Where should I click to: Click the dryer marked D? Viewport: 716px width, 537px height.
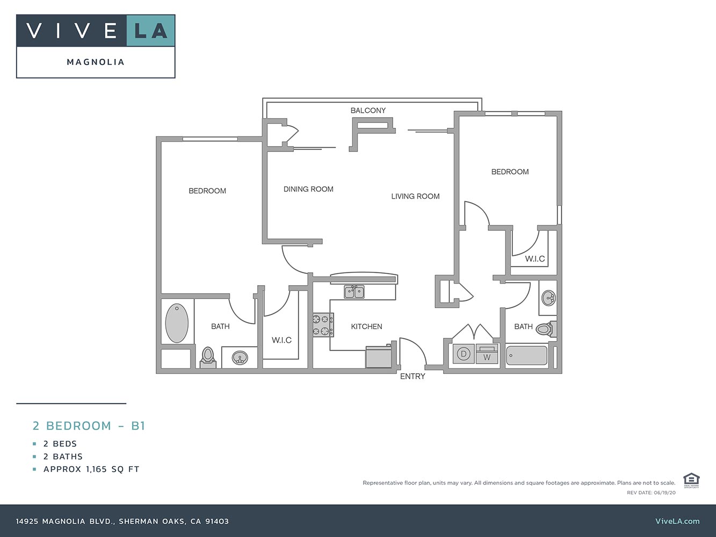463,354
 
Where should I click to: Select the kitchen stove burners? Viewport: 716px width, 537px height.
323,325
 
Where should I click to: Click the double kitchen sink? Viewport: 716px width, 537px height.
355,292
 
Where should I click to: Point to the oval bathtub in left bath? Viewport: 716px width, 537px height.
177,323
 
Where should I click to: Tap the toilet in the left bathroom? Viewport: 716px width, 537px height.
208,357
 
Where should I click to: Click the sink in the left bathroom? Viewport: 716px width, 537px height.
240,358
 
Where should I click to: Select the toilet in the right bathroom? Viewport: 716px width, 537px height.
546,329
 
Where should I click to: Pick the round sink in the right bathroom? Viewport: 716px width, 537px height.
549,297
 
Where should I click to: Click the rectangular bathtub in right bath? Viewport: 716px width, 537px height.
526,356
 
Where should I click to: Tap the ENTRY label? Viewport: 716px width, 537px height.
413,376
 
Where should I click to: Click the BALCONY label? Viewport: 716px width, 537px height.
368,111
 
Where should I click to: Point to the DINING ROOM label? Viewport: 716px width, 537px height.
308,189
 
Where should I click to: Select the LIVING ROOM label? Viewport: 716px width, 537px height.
415,197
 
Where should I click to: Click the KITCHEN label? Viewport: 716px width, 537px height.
366,326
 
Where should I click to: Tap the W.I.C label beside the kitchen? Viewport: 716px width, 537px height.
281,340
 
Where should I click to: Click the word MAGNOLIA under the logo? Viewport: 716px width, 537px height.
96,62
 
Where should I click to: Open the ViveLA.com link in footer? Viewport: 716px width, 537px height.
677,521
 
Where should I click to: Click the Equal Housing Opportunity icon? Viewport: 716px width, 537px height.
690,480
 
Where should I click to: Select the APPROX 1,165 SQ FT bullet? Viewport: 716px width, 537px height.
91,469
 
